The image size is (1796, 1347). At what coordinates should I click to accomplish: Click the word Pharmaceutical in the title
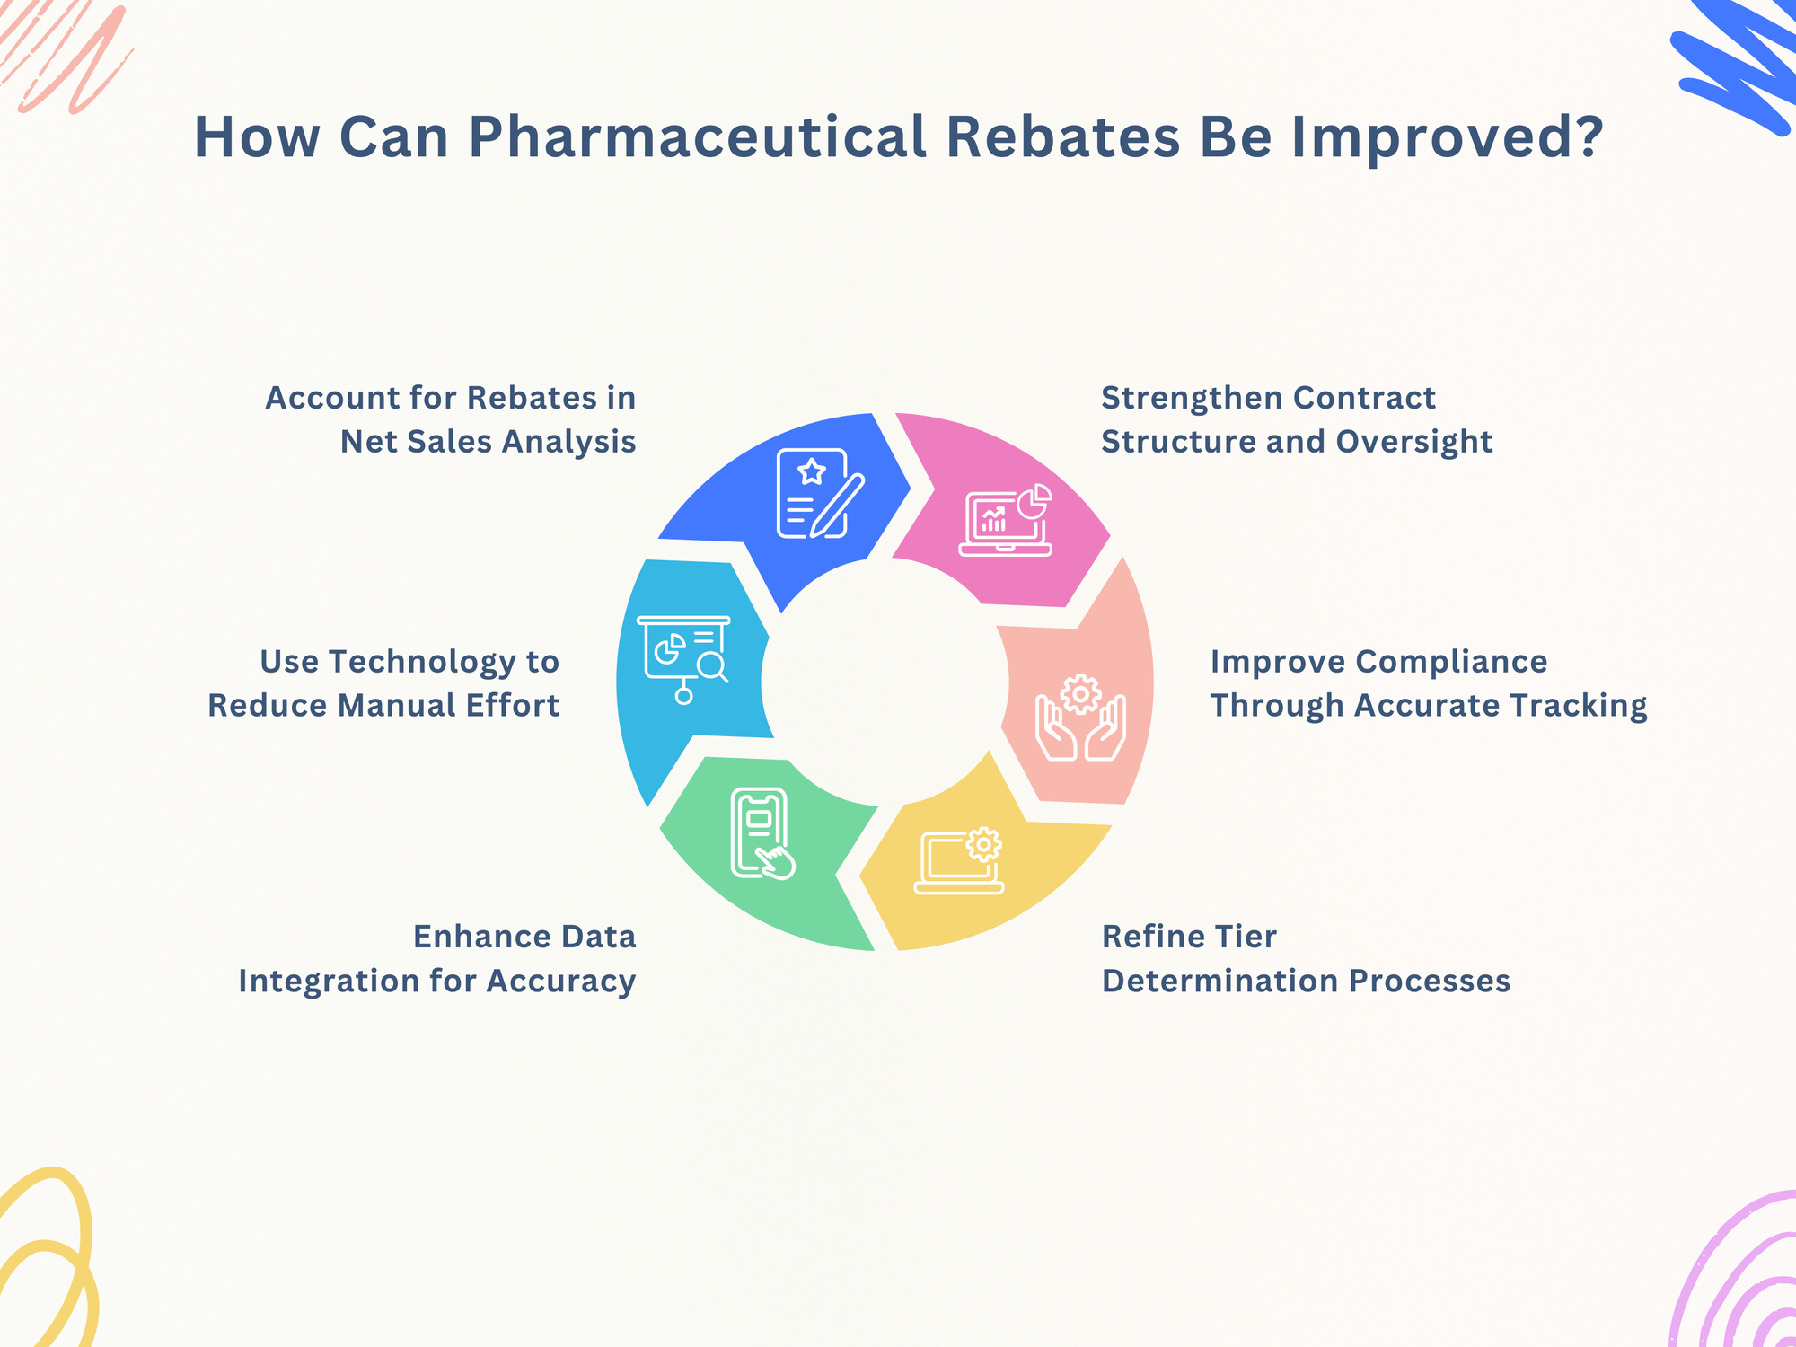tap(697, 137)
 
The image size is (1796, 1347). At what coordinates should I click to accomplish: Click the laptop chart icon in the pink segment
tap(1006, 521)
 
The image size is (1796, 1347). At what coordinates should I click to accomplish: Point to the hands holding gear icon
tap(1080, 718)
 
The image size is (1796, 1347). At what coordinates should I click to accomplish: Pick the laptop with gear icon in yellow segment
tap(959, 860)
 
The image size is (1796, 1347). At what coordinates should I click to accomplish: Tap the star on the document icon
tap(812, 471)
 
